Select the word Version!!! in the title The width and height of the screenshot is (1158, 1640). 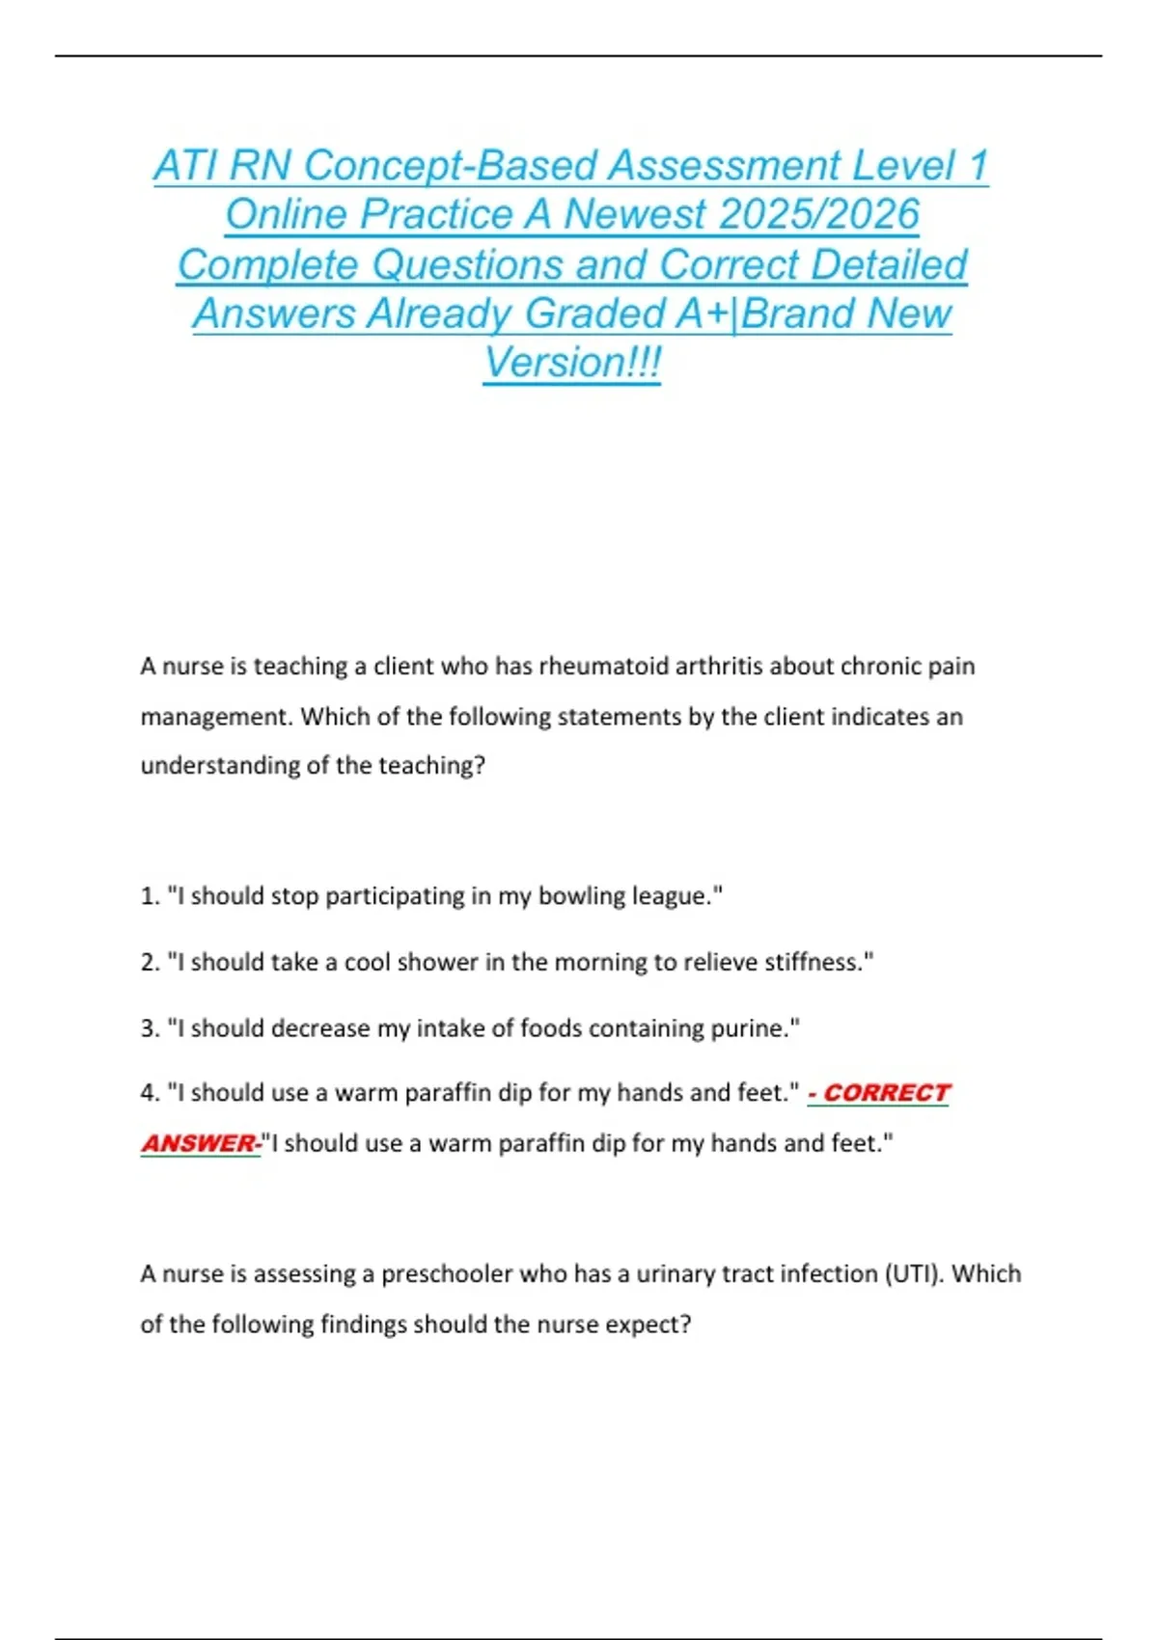[572, 364]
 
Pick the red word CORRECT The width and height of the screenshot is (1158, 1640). [887, 1093]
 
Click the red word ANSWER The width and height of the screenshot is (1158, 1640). [199, 1143]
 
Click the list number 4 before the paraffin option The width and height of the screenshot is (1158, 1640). [149, 1093]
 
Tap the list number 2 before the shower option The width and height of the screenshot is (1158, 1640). [149, 963]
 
